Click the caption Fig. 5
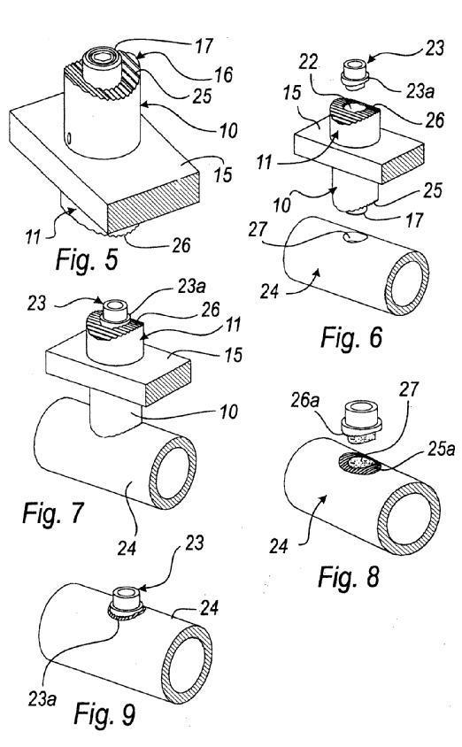coord(87,260)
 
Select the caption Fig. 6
coord(351,338)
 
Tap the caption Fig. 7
coord(53,513)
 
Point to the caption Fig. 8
coord(349,576)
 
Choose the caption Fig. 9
coord(104,713)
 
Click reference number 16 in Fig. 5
coord(222,74)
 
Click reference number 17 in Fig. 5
coord(204,47)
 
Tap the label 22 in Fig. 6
coord(309,62)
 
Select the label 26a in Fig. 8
coord(304,401)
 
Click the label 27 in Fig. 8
coord(408,389)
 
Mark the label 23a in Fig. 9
coord(42,699)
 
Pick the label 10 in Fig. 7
coord(227,412)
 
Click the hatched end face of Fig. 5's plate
coord(153,204)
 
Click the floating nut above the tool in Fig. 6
coord(354,73)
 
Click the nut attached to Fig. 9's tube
coord(127,603)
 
